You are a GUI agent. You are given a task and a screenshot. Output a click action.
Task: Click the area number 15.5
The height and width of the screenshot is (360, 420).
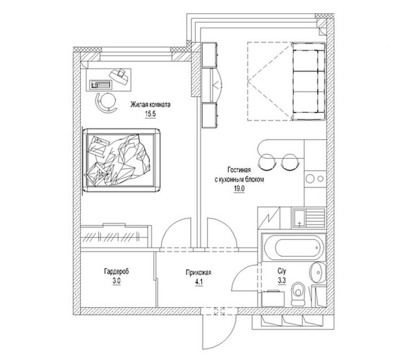(150, 114)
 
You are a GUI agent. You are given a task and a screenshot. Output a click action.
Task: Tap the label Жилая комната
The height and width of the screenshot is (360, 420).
(150, 104)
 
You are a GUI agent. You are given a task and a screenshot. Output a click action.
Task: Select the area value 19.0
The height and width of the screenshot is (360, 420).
(239, 189)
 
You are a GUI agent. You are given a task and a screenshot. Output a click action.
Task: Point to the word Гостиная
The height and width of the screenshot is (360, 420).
(239, 170)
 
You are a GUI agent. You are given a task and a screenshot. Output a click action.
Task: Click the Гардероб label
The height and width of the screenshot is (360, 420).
(117, 272)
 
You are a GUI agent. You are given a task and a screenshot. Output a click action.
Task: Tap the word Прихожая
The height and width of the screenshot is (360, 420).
(198, 273)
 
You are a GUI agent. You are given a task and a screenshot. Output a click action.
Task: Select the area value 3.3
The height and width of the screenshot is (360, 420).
(282, 281)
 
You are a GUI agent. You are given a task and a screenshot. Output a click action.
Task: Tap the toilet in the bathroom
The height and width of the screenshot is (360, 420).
(298, 294)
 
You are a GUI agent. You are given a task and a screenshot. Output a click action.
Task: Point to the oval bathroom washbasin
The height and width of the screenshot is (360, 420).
(318, 273)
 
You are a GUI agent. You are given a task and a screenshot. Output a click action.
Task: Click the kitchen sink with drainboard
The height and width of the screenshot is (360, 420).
(308, 218)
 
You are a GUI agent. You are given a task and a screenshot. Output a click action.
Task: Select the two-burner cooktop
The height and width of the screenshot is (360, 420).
(315, 179)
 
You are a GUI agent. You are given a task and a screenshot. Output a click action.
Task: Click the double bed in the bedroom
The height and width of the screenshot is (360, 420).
(121, 160)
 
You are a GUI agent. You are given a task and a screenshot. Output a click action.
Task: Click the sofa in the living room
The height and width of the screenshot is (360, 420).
(309, 81)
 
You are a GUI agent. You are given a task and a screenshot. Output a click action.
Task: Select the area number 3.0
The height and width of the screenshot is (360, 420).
(117, 281)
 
